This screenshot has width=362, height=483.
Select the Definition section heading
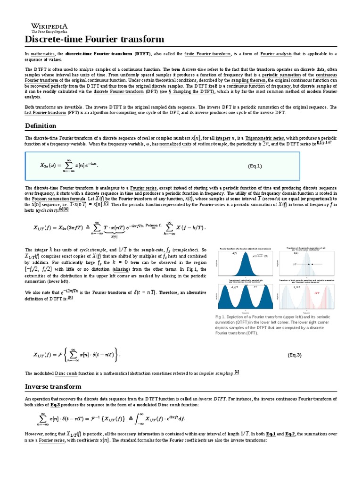point(40,125)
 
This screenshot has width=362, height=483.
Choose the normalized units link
point(178,144)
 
